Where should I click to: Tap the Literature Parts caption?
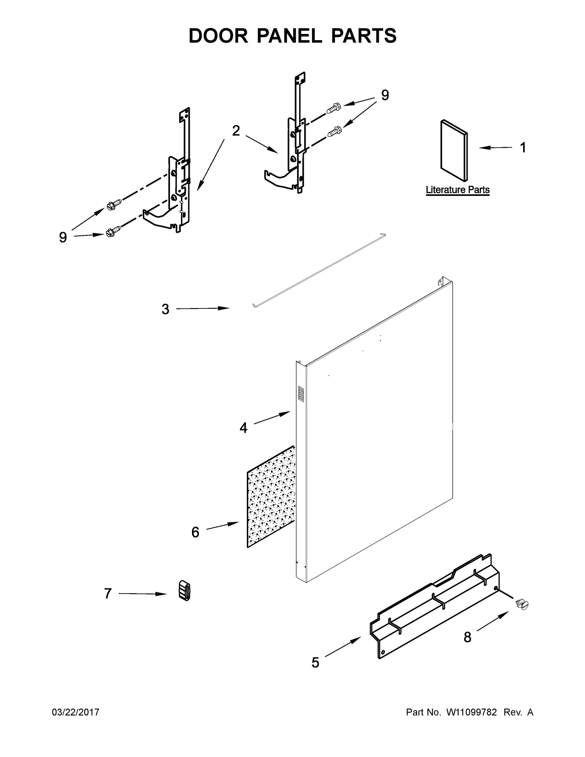457,190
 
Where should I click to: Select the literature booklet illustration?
454,150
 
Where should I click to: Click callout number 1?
523,148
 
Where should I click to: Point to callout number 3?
165,309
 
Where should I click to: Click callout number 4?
244,427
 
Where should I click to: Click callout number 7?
107,593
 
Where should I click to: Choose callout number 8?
467,637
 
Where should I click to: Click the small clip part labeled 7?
185,590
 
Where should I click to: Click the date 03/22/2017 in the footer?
76,712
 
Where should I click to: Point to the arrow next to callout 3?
203,309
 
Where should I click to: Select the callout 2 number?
236,130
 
